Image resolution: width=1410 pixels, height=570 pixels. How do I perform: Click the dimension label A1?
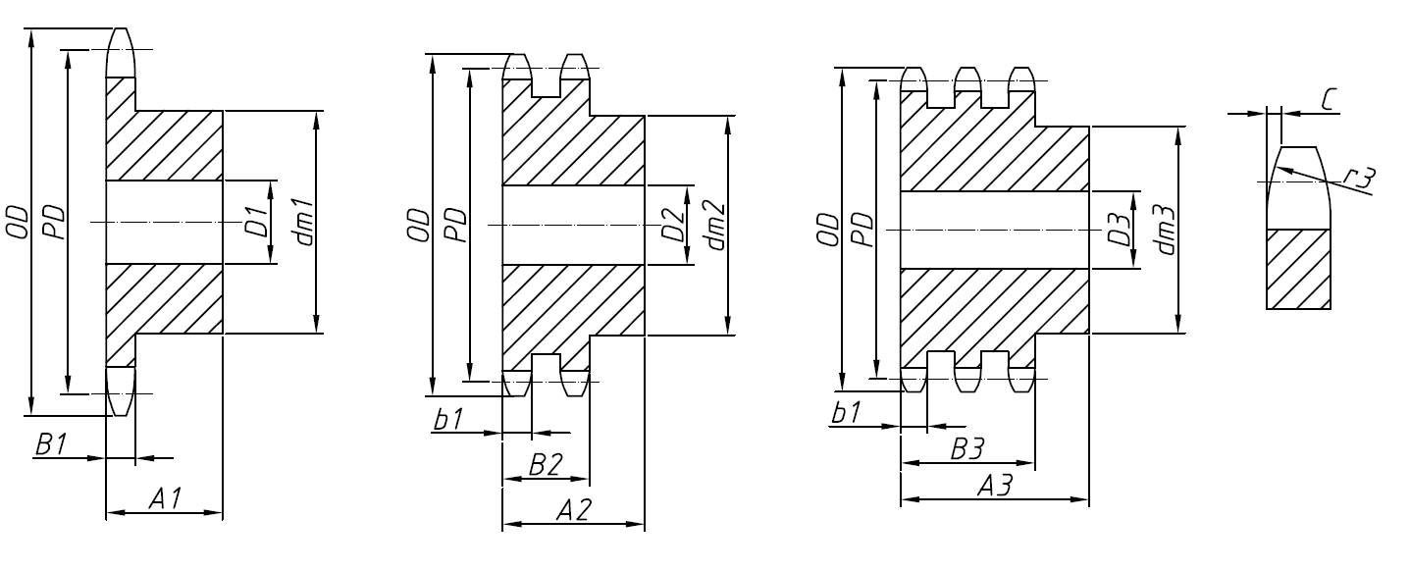tap(164, 498)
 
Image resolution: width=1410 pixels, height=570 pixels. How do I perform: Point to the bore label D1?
tap(255, 223)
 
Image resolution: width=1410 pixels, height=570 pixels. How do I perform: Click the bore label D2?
tap(672, 226)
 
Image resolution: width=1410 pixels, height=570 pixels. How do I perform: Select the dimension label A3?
tap(994, 486)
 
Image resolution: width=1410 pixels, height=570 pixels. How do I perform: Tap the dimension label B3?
tap(967, 449)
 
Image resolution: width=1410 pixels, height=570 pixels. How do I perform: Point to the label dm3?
tap(1166, 229)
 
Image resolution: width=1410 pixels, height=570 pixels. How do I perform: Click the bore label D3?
tap(1120, 229)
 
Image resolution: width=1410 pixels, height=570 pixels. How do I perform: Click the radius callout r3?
tap(1362, 179)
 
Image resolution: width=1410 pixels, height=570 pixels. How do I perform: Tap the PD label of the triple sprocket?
tap(861, 229)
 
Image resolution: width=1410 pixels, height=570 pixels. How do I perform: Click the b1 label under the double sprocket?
tap(448, 420)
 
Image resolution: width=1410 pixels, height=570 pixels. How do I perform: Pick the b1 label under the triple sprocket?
tap(845, 414)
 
